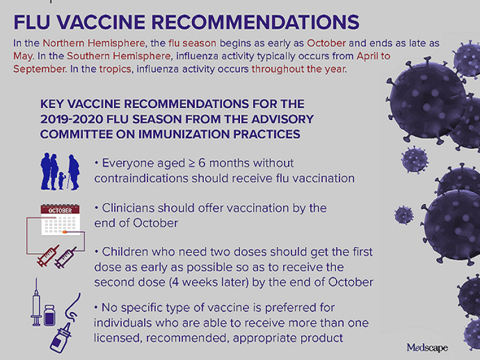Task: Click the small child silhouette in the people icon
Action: (x=61, y=178)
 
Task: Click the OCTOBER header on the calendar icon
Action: (x=58, y=211)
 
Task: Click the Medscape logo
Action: (x=427, y=347)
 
